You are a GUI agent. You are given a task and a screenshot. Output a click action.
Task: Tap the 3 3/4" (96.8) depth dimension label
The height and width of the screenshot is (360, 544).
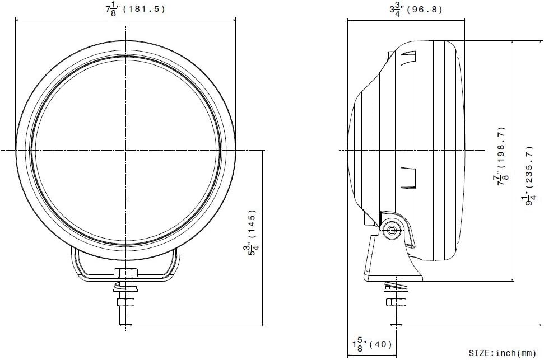[416, 10]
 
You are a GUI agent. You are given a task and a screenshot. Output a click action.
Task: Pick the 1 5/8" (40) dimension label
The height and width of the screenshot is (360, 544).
[372, 345]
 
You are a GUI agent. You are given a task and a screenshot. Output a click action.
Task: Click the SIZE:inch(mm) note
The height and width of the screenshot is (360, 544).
[503, 353]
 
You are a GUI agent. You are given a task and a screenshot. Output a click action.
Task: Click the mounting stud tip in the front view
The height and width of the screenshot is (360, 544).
[125, 324]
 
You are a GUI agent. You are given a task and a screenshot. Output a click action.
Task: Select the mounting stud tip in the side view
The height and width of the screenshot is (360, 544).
[396, 324]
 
